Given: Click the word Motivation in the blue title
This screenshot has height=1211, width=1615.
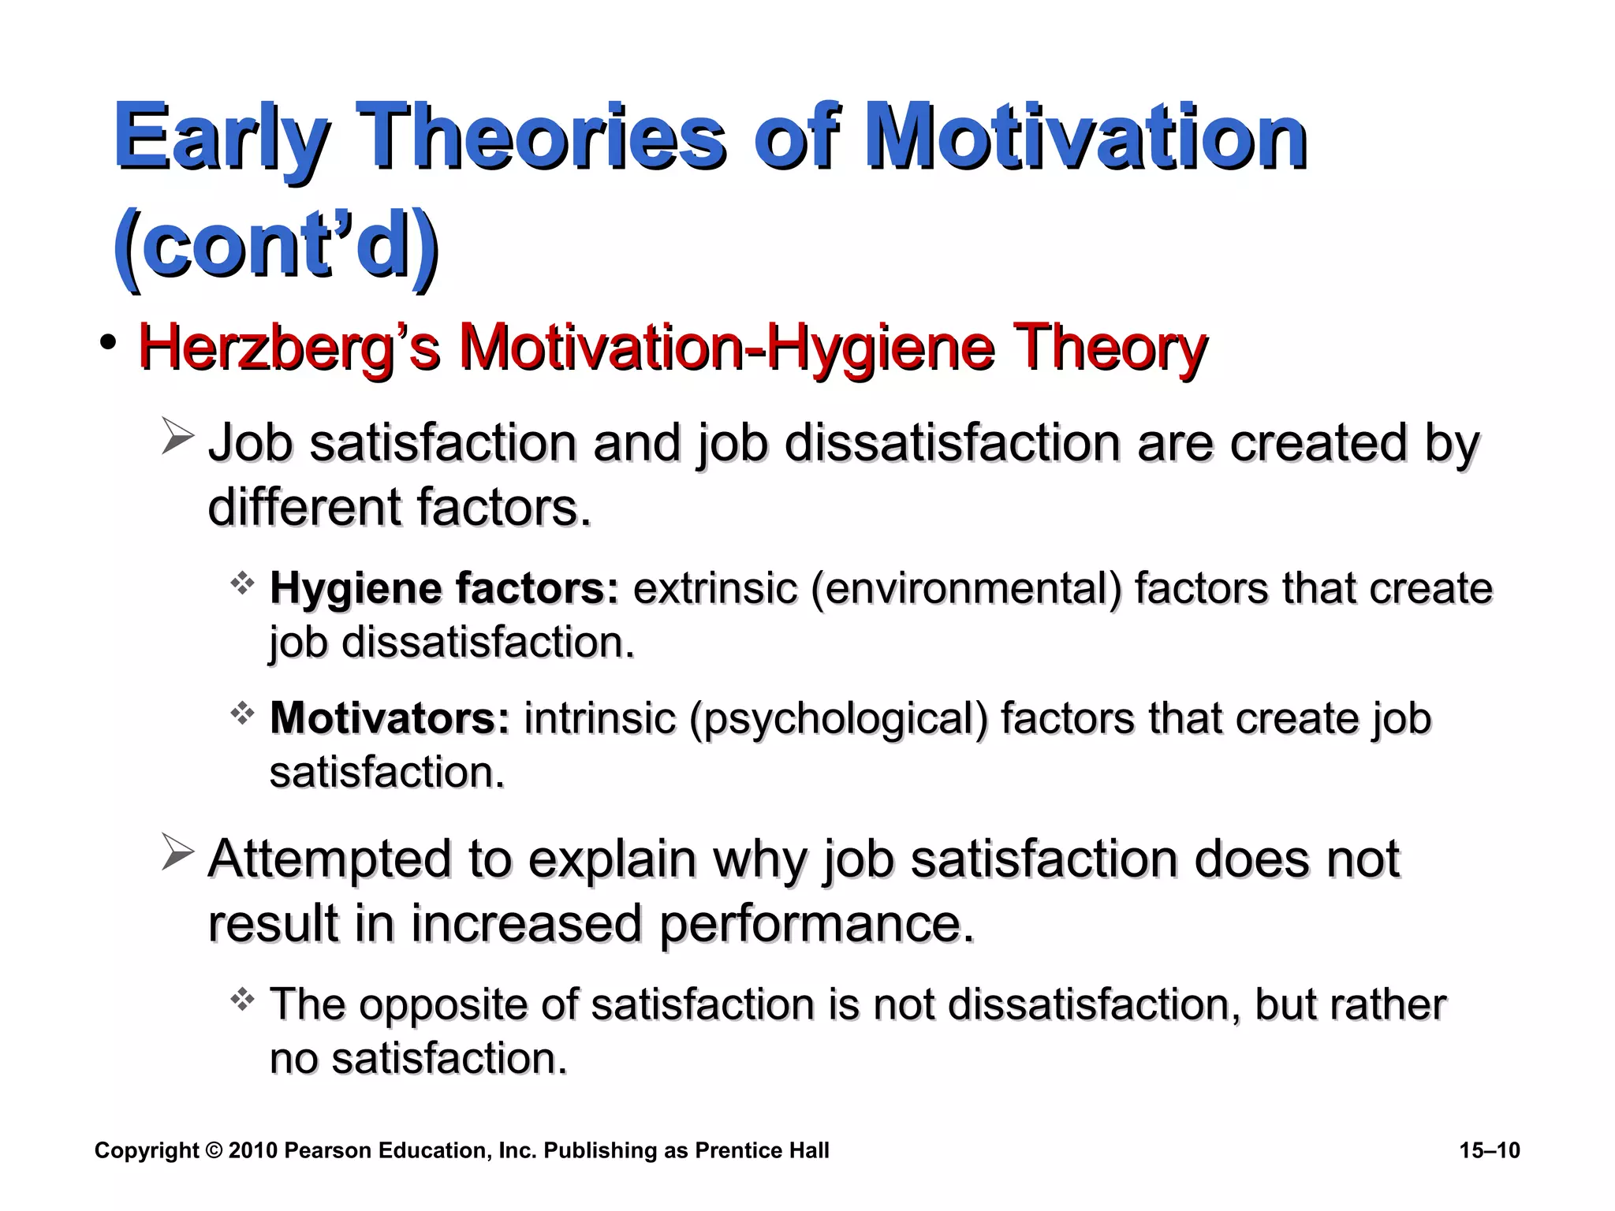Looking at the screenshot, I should pos(1086,138).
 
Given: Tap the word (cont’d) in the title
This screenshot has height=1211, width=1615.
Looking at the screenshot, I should pos(275,244).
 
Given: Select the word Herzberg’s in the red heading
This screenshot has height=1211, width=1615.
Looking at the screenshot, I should pos(289,348).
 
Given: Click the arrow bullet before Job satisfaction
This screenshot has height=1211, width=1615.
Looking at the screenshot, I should pos(177,438).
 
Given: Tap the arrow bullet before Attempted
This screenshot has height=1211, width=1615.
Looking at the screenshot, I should pos(177,853).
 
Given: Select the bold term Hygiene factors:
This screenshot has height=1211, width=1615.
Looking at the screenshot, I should pos(445,588).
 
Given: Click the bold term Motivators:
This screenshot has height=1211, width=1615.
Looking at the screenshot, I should pos(390,718).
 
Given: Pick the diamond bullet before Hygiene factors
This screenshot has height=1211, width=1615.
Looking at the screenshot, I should pos(242,583).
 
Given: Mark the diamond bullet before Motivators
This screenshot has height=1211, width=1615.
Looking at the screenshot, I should pos(242,714).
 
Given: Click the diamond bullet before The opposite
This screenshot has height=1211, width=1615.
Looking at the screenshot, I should pos(242,1000).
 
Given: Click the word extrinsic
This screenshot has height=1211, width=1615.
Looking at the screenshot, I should pos(715,588).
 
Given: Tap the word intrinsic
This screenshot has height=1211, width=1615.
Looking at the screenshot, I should pos(600,718).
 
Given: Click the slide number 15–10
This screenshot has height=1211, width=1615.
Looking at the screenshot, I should pos(1490,1150).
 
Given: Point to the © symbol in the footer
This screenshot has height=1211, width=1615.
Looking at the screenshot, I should pos(214,1150).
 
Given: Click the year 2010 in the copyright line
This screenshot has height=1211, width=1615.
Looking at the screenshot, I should pos(253,1150).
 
